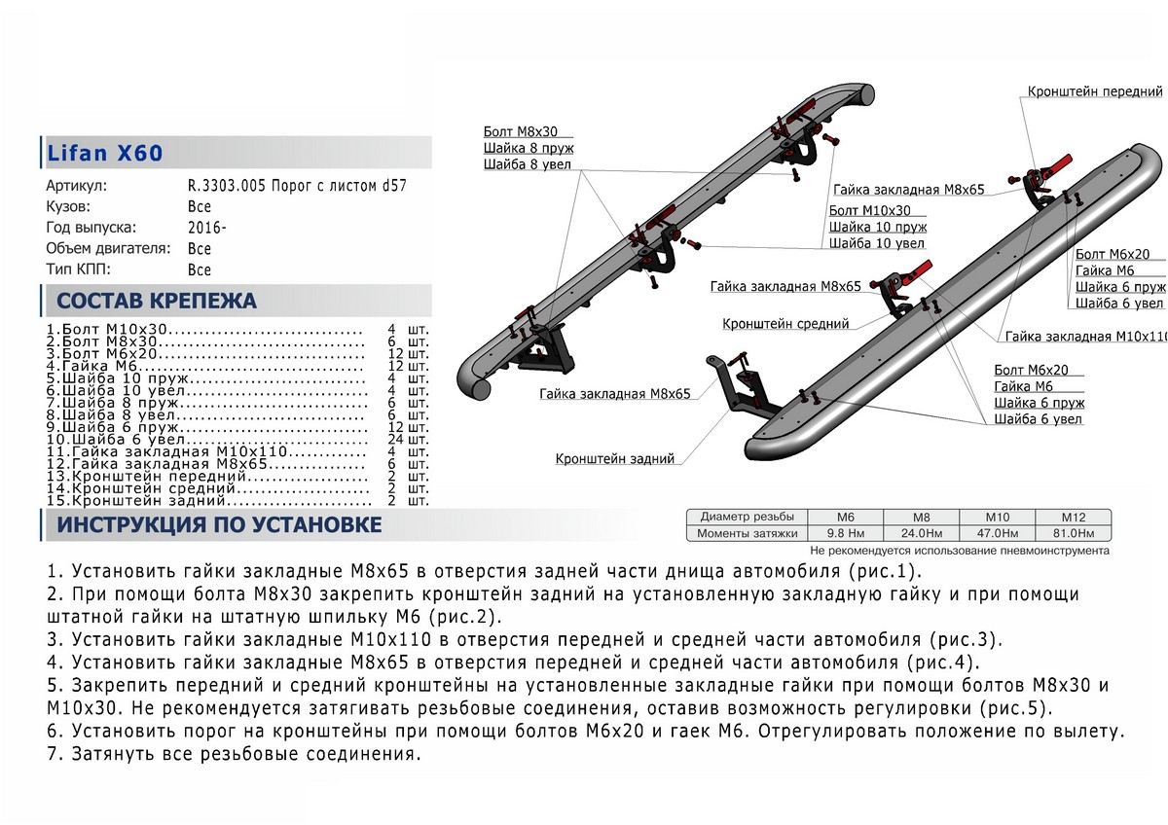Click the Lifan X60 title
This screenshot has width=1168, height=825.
point(105,154)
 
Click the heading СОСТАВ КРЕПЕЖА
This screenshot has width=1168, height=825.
point(157,301)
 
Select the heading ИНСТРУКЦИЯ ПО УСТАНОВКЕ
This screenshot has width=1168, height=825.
point(219,526)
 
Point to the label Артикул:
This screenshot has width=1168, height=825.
point(77,186)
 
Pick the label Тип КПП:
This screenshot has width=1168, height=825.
point(79,269)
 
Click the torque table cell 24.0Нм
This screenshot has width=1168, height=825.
point(921,534)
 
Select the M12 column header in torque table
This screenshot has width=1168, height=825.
point(1072,517)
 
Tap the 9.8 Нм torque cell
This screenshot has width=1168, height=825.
point(845,534)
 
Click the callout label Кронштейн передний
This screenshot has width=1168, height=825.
point(1095,91)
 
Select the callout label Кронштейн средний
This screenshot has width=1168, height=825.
point(785,323)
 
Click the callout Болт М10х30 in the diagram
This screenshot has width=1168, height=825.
point(869,209)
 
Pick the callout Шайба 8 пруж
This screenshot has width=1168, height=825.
point(528,148)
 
